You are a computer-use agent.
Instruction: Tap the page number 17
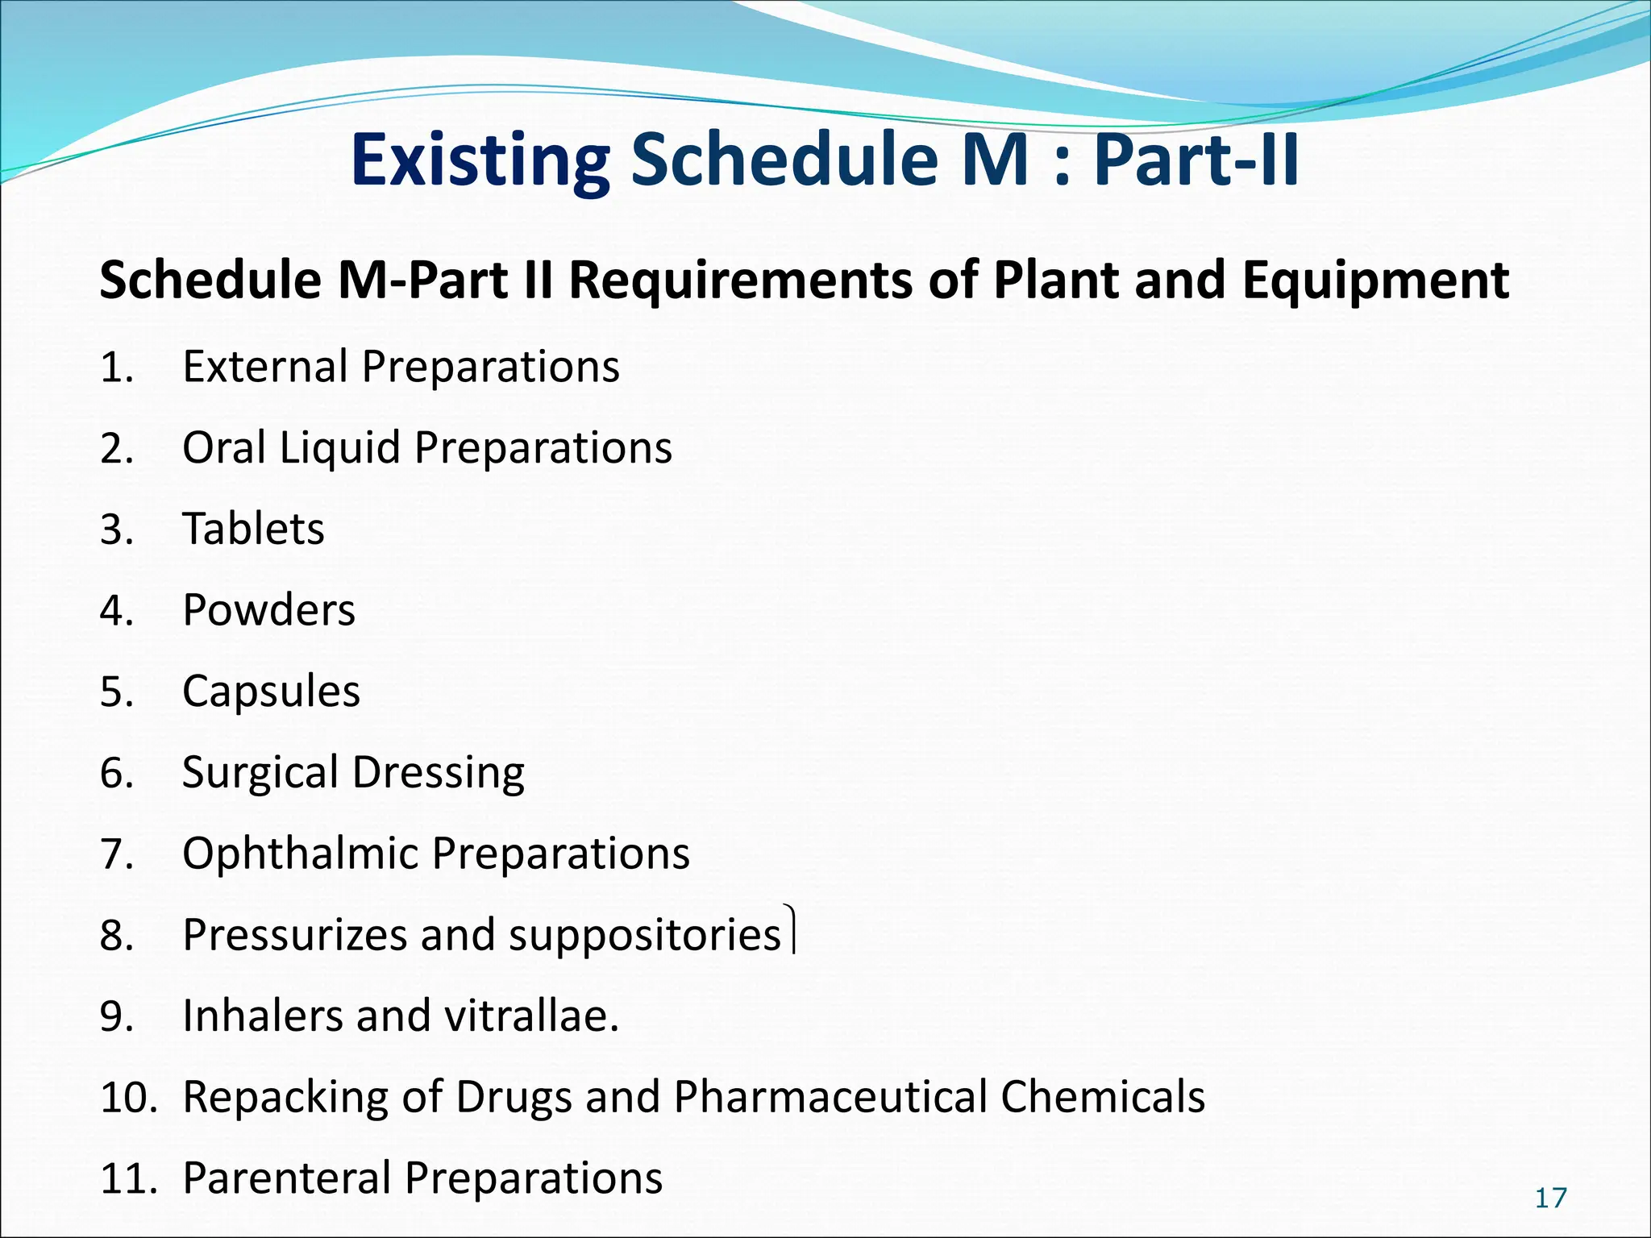[1550, 1199]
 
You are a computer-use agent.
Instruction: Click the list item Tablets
[253, 529]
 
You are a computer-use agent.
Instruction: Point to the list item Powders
[268, 610]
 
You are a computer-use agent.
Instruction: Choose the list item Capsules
[271, 692]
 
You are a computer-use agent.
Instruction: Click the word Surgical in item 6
[260, 773]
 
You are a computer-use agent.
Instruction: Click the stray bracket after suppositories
[792, 929]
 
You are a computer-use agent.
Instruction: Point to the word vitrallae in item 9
[529, 1016]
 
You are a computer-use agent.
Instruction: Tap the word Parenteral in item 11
[286, 1178]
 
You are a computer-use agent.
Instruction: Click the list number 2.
[116, 449]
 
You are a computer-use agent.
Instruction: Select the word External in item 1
[264, 367]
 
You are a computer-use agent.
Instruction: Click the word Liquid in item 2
[339, 448]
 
